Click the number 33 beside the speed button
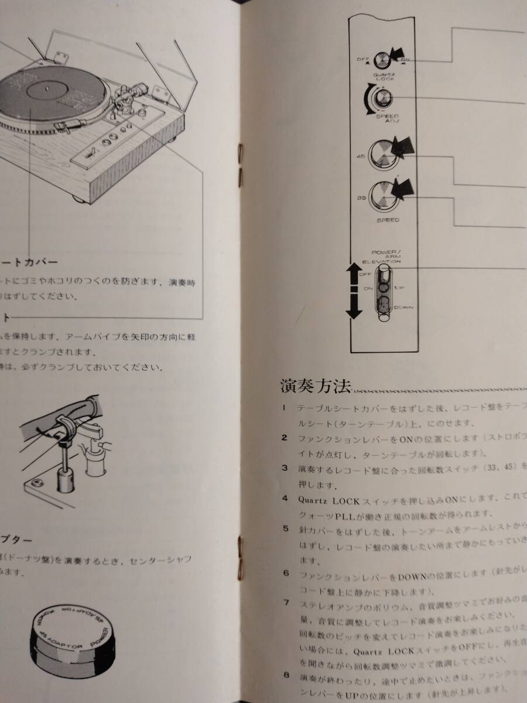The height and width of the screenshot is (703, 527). (x=361, y=199)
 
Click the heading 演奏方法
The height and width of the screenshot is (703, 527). (x=316, y=387)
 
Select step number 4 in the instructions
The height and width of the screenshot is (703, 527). (x=285, y=499)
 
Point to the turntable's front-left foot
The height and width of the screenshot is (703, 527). (x=78, y=196)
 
